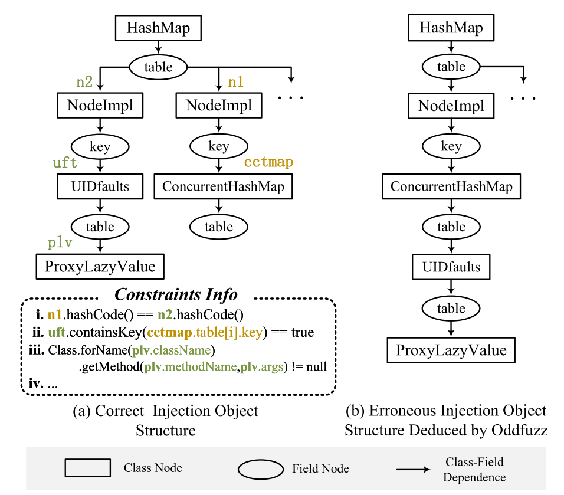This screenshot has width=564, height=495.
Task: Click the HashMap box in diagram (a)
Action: (158, 28)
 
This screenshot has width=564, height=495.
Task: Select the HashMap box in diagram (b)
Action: (451, 28)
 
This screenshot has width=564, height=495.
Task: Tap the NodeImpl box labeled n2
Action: (100, 106)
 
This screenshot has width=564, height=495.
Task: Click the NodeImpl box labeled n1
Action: (218, 106)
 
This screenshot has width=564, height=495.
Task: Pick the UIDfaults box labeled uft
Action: (100, 188)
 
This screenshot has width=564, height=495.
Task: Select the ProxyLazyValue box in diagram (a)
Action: (100, 267)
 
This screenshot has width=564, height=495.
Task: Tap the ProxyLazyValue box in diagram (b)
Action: (451, 350)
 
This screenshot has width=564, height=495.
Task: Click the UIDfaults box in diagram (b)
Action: (451, 268)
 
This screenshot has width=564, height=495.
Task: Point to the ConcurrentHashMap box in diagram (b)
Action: (451, 188)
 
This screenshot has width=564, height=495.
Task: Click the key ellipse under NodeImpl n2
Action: (100, 147)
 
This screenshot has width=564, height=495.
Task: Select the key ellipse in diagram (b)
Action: (451, 147)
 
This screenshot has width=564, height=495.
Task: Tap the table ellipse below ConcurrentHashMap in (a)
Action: (219, 227)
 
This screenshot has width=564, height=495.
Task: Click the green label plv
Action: (60, 244)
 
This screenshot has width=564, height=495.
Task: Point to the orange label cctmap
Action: (268, 162)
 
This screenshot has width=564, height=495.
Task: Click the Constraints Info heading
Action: (176, 294)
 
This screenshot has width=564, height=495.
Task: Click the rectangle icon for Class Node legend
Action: (87, 468)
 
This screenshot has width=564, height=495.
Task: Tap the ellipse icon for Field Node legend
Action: (261, 469)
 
